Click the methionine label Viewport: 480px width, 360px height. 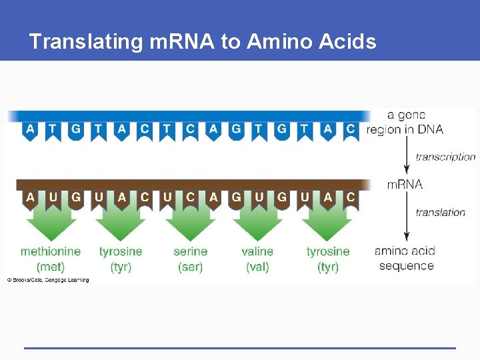pyautogui.click(x=51, y=251)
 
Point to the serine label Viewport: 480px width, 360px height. pyautogui.click(x=191, y=251)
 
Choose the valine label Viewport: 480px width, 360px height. pyautogui.click(x=257, y=251)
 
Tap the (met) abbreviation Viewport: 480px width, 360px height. pyautogui.click(x=51, y=267)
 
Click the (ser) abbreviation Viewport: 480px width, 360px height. pyautogui.click(x=191, y=267)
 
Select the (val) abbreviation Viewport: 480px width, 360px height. pyautogui.click(x=257, y=267)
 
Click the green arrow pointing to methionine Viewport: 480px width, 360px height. pyautogui.click(x=51, y=223)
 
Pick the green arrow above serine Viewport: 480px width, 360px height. pyautogui.click(x=190, y=223)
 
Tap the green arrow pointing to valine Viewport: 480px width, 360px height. pyautogui.click(x=258, y=223)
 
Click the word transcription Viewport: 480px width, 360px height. pyautogui.click(x=445, y=157)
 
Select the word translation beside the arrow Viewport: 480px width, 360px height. pyautogui.click(x=440, y=213)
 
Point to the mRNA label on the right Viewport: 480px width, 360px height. pyautogui.click(x=405, y=184)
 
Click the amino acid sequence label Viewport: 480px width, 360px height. pyautogui.click(x=405, y=259)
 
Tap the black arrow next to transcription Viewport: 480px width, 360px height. pyautogui.click(x=406, y=157)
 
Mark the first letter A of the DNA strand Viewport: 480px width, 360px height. pyautogui.click(x=30, y=129)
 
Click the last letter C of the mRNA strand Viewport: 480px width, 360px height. pyautogui.click(x=351, y=197)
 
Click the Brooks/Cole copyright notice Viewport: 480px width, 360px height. pyautogui.click(x=47, y=280)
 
